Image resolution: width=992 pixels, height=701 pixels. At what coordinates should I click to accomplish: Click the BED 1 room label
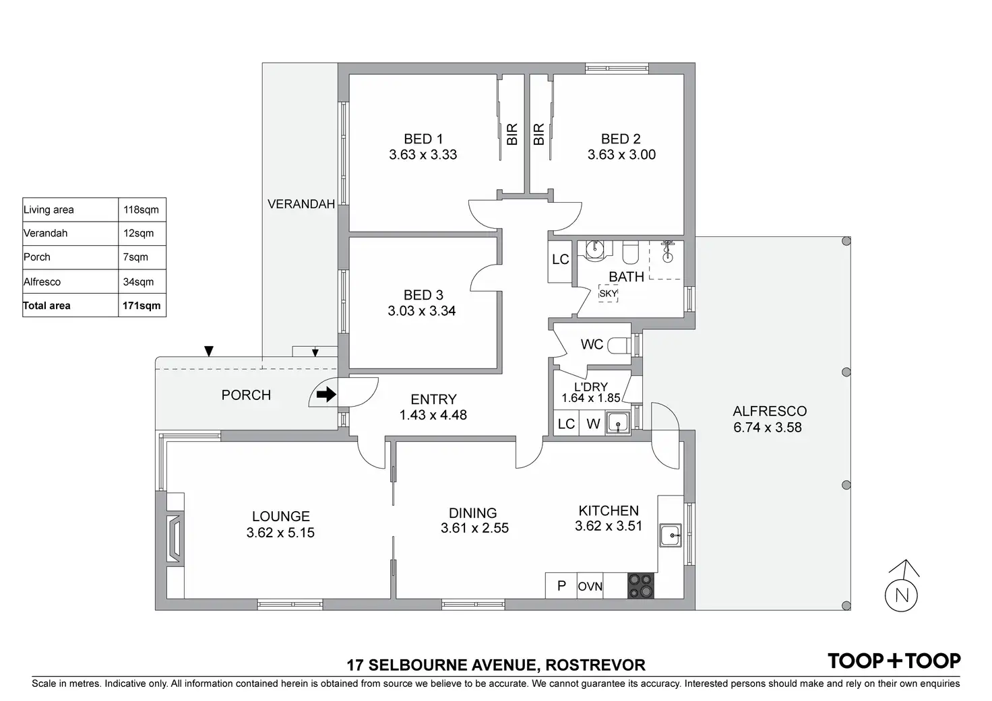(x=423, y=139)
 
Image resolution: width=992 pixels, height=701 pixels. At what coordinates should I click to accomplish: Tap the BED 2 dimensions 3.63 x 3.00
(x=621, y=155)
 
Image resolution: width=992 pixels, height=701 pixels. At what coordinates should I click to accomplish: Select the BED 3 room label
(x=423, y=295)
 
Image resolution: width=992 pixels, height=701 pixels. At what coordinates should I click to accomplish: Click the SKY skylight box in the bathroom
(x=608, y=294)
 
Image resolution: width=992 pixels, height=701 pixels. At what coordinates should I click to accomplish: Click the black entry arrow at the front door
(x=326, y=395)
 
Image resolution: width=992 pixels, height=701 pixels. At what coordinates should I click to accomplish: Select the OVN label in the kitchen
(x=590, y=587)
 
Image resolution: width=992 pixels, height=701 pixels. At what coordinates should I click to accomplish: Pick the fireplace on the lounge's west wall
(x=175, y=538)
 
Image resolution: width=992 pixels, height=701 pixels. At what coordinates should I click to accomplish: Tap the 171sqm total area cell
(x=142, y=306)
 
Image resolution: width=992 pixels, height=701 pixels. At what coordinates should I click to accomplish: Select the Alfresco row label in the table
(x=42, y=282)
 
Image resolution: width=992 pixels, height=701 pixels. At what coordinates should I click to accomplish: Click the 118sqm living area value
(x=141, y=209)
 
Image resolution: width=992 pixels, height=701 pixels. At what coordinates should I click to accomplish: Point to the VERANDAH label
(x=301, y=204)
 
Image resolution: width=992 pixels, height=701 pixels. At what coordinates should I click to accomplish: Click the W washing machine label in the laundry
(x=593, y=424)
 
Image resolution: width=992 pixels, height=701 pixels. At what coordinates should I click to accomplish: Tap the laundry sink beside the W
(x=617, y=424)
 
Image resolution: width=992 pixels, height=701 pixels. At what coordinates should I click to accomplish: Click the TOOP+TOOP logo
(x=894, y=661)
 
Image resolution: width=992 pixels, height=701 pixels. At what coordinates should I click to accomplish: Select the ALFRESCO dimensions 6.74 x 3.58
(x=768, y=428)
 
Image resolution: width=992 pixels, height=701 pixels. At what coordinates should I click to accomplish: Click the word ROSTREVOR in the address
(x=595, y=665)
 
